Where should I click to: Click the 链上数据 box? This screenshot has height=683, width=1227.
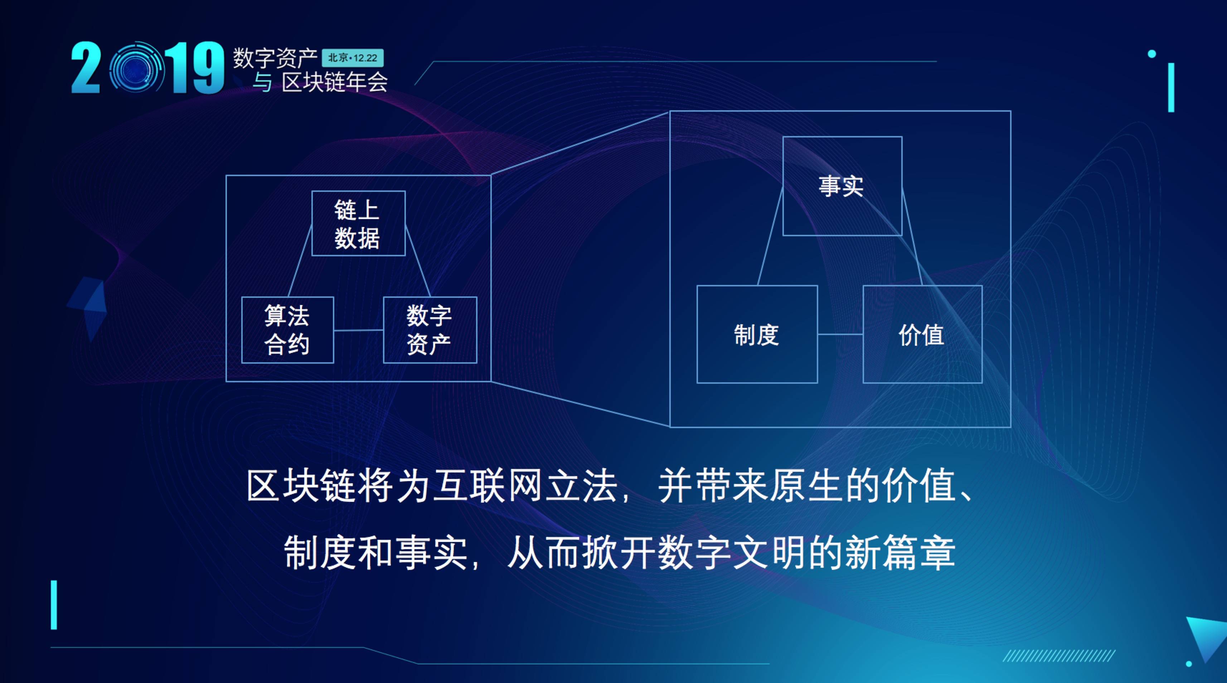pos(358,223)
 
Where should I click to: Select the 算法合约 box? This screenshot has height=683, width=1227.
pos(287,330)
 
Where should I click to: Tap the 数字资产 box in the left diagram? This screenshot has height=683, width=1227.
pos(430,330)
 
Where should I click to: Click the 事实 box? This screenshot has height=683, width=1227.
pos(842,186)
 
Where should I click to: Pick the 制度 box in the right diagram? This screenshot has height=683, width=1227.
pos(757,334)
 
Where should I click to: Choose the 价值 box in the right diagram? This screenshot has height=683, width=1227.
pos(922,334)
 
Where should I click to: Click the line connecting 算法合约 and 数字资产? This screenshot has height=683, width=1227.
pos(358,330)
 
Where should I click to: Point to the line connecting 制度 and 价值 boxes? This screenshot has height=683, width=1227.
pos(840,334)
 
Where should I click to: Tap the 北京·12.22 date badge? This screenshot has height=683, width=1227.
pos(353,58)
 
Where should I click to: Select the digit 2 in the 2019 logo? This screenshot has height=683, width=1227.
pos(86,68)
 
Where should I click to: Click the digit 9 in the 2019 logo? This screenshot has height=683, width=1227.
pos(208,68)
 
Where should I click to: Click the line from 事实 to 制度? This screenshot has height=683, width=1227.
pos(770,236)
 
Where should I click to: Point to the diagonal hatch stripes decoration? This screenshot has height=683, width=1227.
pos(1058,656)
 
